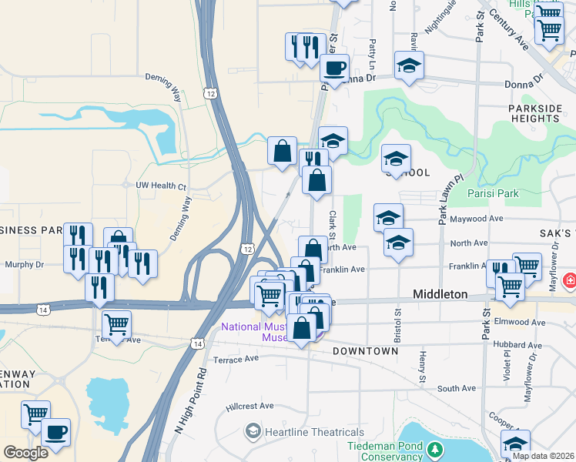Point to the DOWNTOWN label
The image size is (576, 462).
[366, 351]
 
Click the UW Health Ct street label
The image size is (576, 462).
[161, 186]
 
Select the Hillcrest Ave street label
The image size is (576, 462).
[250, 406]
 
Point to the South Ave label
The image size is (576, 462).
[457, 389]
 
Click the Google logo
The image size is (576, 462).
[26, 453]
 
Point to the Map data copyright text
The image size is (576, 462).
[543, 456]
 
